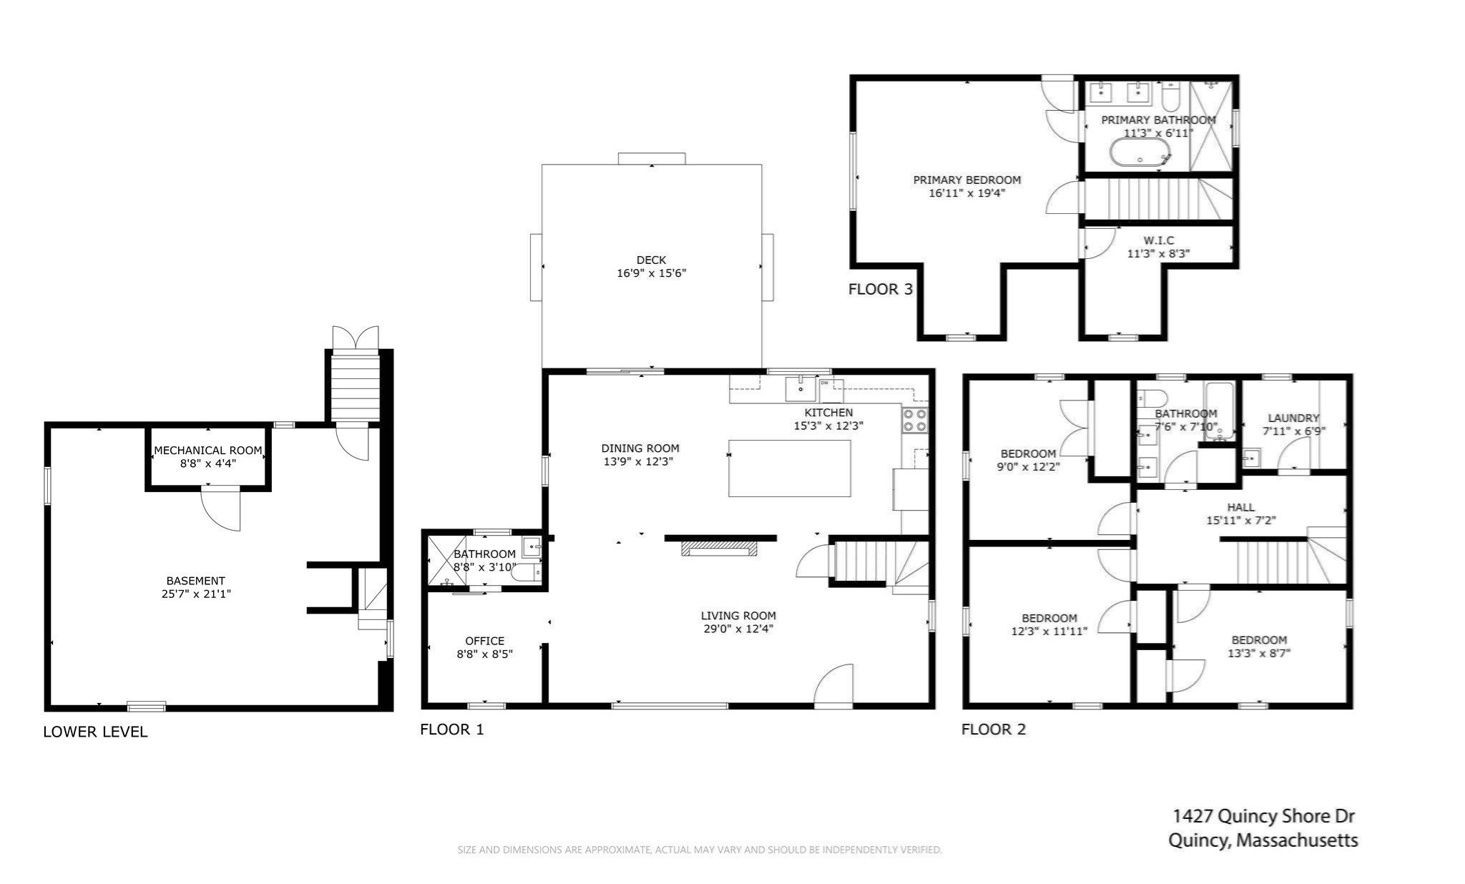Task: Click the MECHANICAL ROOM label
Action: coord(208,451)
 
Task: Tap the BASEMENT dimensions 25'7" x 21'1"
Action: coord(196,594)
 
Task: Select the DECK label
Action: coord(651,260)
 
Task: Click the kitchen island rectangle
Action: coord(789,468)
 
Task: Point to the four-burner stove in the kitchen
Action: coord(915,420)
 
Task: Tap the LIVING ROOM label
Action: coord(738,615)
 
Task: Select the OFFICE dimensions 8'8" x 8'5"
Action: coord(484,654)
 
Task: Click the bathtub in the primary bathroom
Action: coord(1140,152)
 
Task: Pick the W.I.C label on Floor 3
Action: coord(1158,240)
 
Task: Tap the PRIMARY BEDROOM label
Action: coord(966,180)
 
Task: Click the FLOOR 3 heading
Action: coord(880,290)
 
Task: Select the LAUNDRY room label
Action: coord(1293,418)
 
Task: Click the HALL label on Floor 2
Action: coord(1240,507)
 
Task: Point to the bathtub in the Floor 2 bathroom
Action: coord(1219,410)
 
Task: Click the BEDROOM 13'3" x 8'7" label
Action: coord(1258,640)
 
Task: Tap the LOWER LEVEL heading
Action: coord(95,732)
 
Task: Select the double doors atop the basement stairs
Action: coord(355,338)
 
